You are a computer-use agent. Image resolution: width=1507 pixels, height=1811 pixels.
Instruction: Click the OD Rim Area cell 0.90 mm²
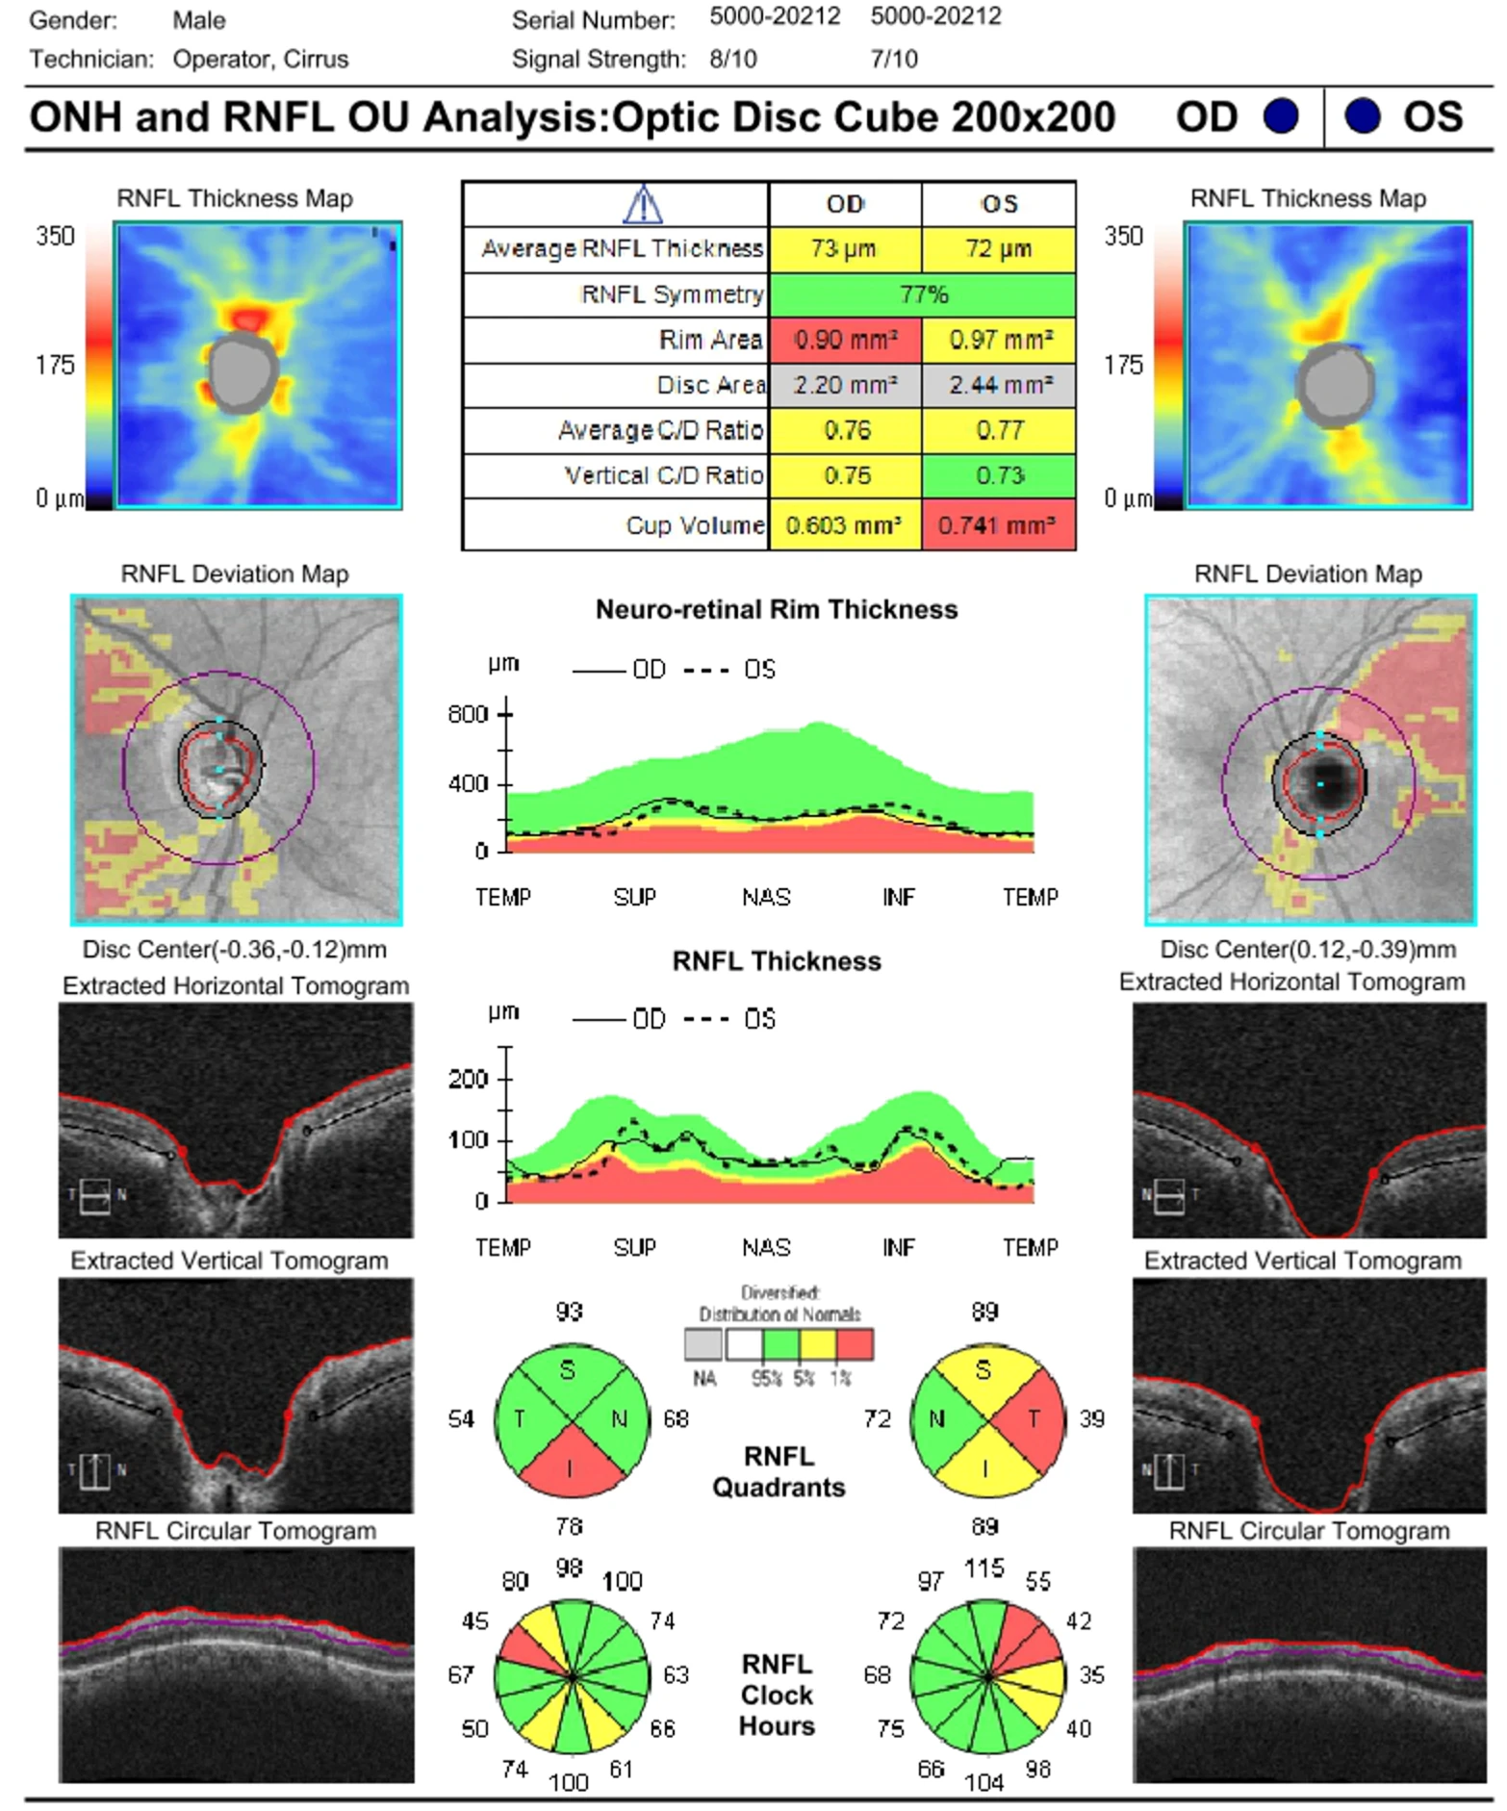coord(845,340)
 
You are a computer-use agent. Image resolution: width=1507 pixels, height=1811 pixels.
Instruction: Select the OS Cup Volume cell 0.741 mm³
coord(998,525)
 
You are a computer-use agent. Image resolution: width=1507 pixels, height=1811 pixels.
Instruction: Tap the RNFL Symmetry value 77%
coord(922,294)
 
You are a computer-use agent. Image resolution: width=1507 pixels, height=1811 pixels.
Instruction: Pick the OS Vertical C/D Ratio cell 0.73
coord(998,475)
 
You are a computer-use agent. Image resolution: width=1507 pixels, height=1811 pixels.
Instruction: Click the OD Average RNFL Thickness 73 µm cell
coord(845,249)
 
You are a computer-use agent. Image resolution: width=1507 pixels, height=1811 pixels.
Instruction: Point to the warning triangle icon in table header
coord(642,204)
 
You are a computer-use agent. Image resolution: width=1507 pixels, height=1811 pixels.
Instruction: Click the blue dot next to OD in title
coord(1280,116)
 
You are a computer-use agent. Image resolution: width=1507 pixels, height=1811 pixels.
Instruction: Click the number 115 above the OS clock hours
coord(983,1569)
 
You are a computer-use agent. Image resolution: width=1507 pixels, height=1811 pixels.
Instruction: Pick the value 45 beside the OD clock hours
coord(475,1621)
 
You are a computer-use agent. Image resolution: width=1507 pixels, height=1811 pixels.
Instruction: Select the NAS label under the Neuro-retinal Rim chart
coord(766,898)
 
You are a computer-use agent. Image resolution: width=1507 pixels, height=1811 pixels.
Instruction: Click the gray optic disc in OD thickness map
coord(243,372)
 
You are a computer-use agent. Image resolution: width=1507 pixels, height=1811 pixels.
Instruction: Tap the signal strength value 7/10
coord(893,60)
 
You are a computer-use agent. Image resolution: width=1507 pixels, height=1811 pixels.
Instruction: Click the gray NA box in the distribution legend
coord(702,1344)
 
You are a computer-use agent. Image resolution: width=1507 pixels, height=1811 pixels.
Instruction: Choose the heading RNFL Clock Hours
coord(777,1695)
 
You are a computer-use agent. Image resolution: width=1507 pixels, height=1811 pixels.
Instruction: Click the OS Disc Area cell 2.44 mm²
coord(998,385)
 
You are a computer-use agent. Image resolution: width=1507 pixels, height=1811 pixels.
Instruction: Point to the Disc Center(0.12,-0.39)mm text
coord(1307,950)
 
